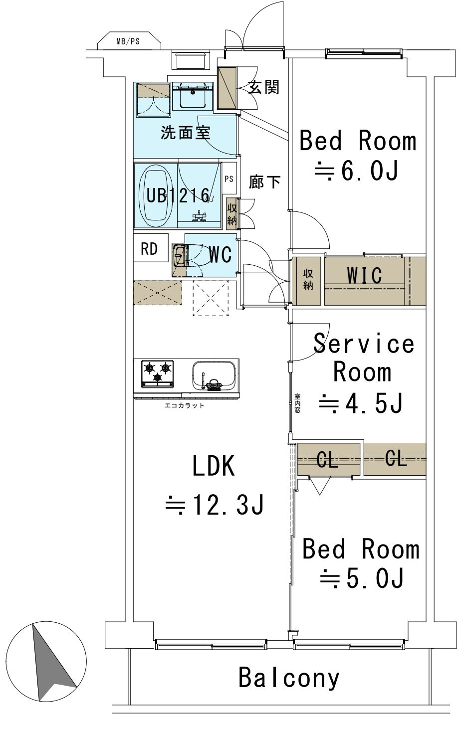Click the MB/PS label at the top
click(128, 41)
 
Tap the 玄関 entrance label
click(264, 87)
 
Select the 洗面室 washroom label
click(186, 133)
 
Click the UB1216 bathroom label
click(178, 195)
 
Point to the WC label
click(220, 254)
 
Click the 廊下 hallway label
click(264, 182)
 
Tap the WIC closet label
click(364, 275)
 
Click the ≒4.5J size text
click(361, 403)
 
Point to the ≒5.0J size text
click(362, 578)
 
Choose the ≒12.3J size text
click(215, 505)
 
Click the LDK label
click(214, 466)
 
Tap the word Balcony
click(289, 678)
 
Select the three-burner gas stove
click(158, 373)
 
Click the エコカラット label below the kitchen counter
click(185, 405)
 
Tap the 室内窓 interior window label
click(297, 403)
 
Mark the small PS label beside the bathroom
click(229, 179)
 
